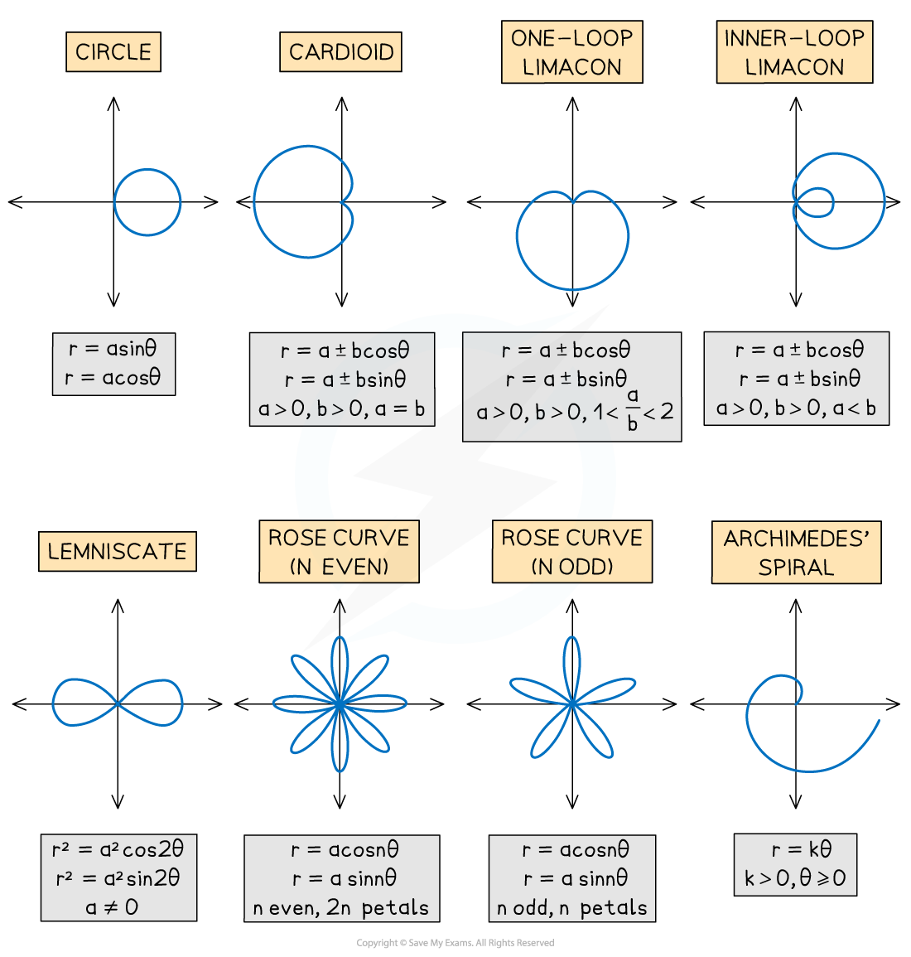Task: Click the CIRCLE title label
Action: pos(113,52)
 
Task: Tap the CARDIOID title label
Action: pos(341,52)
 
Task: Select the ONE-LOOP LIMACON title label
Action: pos(571,52)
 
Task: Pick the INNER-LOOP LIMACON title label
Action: pos(794,52)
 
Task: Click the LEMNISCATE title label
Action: pos(118,552)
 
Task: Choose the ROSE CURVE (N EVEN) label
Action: pos(339,552)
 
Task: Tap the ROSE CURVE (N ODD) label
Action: pos(571,552)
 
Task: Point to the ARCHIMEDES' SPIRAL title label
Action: pos(796,553)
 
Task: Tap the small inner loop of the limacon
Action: pos(815,201)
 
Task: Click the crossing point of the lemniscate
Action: pos(118,703)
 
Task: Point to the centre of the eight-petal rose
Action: pos(340,703)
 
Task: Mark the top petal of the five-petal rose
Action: pos(571,663)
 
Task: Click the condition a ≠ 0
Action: pos(112,907)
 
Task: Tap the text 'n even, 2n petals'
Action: pos(341,908)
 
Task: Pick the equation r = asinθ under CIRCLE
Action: pos(113,349)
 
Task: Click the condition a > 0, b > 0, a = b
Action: pos(341,408)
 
